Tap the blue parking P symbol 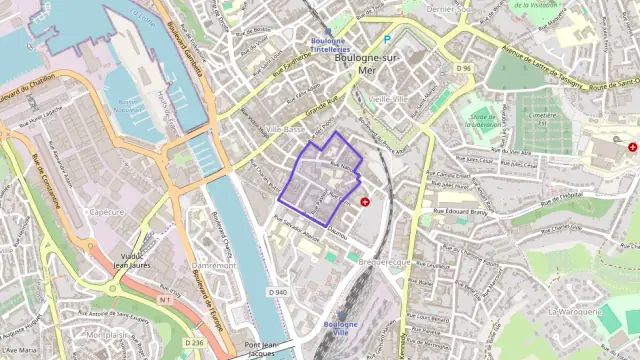(387, 40)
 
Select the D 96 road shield (463, 68)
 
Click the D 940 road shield (277, 292)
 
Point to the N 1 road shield (165, 299)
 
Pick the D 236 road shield (194, 343)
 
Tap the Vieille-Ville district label (388, 100)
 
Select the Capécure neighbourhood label (105, 212)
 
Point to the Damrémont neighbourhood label (212, 266)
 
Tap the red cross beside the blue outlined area (364, 201)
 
